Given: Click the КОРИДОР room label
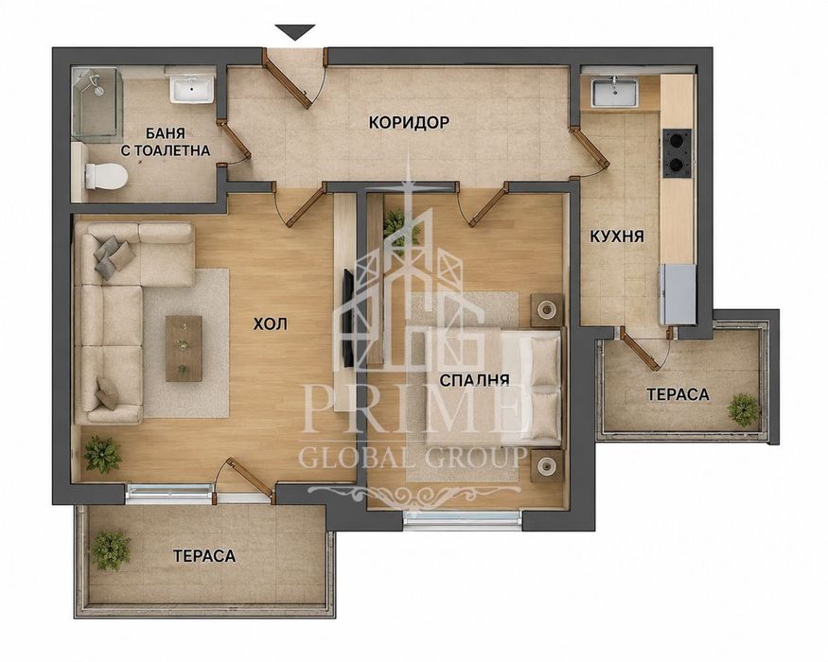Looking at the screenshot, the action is coord(409,123).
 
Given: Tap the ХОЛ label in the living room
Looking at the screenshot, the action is coord(270,323).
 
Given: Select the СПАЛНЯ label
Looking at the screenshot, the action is coord(474,379).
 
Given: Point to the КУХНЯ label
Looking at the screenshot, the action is coord(617,236).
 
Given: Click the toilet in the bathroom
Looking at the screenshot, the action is coord(106,176).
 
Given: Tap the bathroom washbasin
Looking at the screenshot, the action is coord(191,88).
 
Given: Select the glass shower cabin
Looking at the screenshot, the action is coord(97,104).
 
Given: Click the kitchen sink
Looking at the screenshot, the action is coord(615,92).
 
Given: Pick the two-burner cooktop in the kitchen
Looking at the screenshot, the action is coord(677,153).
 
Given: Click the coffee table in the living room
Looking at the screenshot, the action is coord(184,348).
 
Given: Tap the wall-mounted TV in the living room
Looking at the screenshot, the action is coord(348,318).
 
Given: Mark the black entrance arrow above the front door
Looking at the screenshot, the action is coord(294,32).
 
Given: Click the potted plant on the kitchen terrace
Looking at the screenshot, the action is coord(743,409).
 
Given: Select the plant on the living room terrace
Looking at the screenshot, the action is coord(111,550).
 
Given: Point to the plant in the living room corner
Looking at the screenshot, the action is coord(102,454).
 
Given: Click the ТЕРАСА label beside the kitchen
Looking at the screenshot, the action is coord(678,394).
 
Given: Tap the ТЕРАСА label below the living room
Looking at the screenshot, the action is coord(203,555).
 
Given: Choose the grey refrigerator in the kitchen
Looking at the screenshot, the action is coord(677,294).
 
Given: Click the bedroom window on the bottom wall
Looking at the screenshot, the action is coord(462,519).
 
